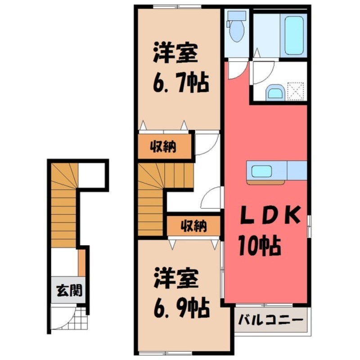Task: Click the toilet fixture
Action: pos(236,28)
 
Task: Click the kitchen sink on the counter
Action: pos(261,171)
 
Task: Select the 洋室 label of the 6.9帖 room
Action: pos(176,280)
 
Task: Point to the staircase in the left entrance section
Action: pos(63,205)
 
